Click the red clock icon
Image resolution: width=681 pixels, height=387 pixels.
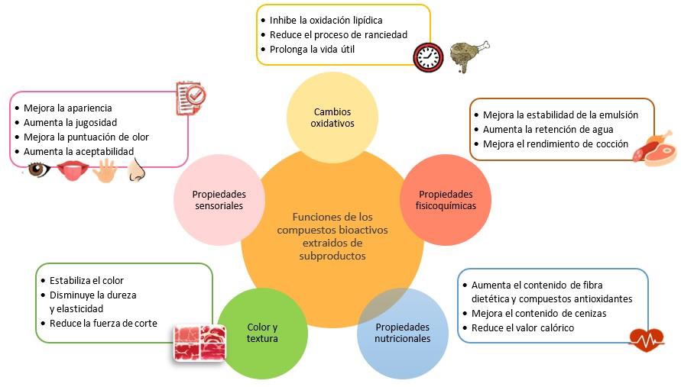point(428,56)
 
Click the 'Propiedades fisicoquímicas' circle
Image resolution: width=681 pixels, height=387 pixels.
point(445,199)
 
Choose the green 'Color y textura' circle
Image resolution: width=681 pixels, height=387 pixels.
point(262,333)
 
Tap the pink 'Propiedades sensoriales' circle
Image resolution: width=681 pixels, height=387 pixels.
point(218,200)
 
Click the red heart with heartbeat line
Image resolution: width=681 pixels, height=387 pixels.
point(647,337)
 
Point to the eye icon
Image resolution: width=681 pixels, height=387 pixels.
point(38,169)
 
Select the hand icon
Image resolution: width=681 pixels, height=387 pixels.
point(103,170)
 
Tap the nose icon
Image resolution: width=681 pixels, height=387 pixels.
point(136,170)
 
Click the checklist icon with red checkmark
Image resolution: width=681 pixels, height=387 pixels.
point(191,95)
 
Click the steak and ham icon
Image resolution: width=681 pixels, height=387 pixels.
point(653,148)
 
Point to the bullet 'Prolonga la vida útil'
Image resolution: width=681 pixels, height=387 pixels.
point(311,50)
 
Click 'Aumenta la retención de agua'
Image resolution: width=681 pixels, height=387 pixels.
point(548,129)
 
